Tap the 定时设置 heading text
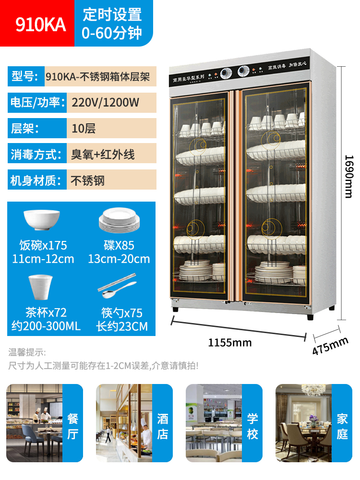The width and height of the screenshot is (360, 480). pyautogui.click(x=112, y=14)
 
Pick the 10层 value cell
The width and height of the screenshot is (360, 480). pyautogui.click(x=84, y=128)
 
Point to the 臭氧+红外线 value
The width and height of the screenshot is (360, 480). pyautogui.click(x=103, y=154)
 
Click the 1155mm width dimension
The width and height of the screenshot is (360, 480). pyautogui.click(x=229, y=342)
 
